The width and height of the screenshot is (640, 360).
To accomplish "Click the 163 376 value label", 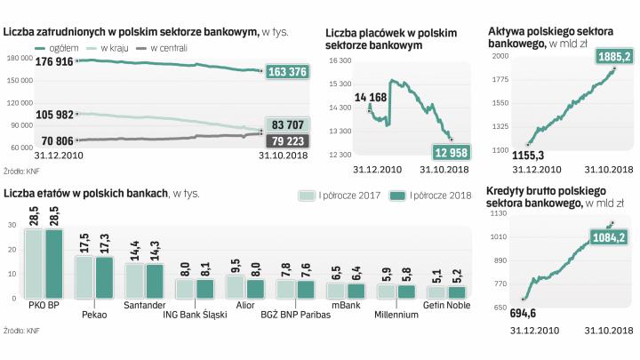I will point(285,72).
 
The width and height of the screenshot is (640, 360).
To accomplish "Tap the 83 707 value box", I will point(286,125).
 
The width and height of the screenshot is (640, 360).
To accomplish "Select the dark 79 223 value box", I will point(286,140).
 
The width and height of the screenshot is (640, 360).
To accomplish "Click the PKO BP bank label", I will point(43,306).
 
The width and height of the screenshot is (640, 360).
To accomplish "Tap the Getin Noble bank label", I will point(446,305).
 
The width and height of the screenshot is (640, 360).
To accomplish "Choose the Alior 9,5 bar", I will point(234,286).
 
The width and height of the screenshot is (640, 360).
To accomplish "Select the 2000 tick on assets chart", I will point(499,55).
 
